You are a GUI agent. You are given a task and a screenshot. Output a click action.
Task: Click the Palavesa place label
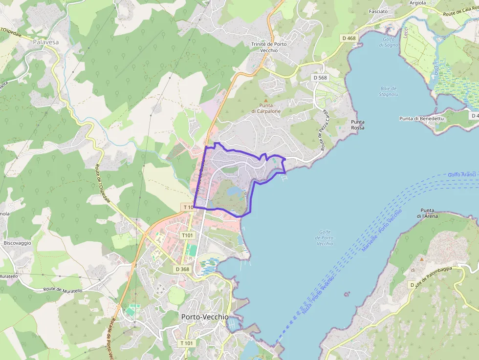point(46,42)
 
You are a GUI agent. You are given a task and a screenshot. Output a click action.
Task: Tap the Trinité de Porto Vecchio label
point(269,47)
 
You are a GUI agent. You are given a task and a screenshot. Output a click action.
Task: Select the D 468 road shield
point(349,38)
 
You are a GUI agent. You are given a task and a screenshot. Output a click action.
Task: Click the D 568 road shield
point(320,78)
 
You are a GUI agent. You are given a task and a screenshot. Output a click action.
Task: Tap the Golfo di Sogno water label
point(389,42)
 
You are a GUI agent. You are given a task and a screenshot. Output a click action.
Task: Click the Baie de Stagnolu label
point(389,91)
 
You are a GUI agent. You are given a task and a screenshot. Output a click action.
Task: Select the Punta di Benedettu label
point(421,119)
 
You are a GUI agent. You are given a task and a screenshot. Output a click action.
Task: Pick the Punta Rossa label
point(358,125)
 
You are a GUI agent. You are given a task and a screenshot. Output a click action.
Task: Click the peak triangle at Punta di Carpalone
point(266,100)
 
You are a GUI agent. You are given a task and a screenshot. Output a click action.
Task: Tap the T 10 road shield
point(188,207)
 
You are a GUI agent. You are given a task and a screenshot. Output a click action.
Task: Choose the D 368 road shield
point(182,269)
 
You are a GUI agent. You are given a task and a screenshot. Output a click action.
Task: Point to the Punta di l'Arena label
point(428,212)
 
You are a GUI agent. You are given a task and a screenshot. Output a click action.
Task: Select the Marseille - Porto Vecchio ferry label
point(381,231)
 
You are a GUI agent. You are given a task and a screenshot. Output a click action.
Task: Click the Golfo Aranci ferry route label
point(462,174)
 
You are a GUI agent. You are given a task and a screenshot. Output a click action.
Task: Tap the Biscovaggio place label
point(17,243)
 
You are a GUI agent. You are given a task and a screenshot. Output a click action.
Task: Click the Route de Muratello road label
point(63,290)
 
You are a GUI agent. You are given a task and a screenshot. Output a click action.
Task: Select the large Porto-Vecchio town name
point(204,317)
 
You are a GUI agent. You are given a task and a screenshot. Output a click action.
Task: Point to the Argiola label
point(417,3)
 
